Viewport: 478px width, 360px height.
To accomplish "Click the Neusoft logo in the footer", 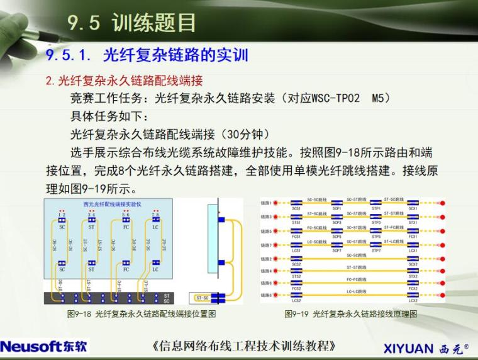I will point(44,346).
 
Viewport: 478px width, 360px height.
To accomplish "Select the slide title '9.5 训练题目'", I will point(131,23).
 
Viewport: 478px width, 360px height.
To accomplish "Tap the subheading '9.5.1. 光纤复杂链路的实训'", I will point(147,55).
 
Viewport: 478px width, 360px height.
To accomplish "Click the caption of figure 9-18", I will point(141,313).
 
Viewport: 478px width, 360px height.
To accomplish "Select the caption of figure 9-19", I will point(350,313).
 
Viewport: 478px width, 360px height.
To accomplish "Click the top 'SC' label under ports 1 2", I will point(62,227).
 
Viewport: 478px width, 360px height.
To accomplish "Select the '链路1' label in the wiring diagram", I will point(266,203).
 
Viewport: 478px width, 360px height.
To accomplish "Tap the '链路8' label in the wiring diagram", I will point(266,295).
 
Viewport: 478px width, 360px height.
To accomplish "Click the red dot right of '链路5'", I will point(443,231).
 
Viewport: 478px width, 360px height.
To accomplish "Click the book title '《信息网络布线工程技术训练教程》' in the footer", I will point(243,346).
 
